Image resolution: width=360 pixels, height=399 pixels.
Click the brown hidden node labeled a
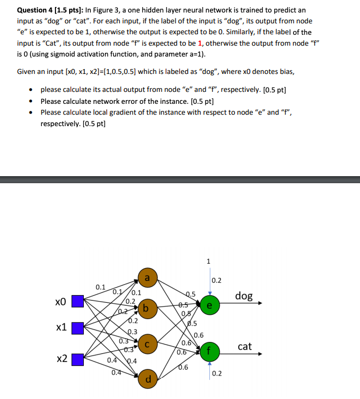147,278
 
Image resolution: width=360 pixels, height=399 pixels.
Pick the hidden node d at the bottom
147,378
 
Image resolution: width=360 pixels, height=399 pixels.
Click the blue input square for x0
77,301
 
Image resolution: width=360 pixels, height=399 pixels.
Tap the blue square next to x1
77,328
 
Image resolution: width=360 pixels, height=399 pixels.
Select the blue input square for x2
77,359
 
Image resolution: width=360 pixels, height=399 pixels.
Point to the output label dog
244,296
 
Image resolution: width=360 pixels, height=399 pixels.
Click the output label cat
245,346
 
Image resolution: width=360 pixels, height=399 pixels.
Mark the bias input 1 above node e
209,261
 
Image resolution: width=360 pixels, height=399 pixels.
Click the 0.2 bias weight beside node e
216,280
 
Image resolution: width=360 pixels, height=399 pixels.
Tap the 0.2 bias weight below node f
217,373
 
